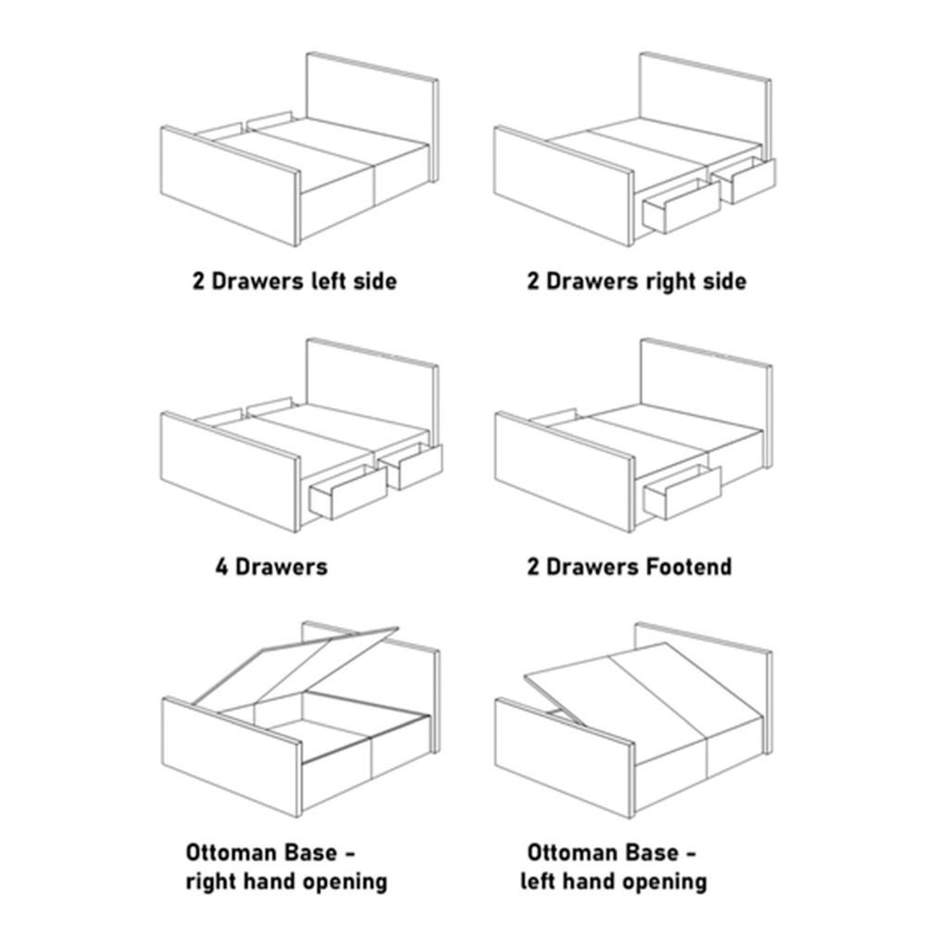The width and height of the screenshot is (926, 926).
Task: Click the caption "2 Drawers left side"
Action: (294, 282)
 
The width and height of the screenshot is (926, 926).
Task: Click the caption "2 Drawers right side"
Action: (637, 282)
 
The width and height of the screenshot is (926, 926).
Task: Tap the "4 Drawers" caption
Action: (271, 567)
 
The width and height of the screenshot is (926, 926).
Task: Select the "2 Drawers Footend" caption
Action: (630, 567)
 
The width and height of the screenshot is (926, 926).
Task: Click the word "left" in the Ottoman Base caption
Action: (537, 882)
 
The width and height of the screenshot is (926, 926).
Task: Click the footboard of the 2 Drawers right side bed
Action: (564, 186)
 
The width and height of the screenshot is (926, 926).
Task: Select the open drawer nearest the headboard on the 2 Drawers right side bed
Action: (745, 181)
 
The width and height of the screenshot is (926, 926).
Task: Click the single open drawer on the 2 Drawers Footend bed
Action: (682, 493)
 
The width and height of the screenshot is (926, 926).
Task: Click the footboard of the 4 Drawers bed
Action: (231, 472)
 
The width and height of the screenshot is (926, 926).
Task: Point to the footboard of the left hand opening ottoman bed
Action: (564, 758)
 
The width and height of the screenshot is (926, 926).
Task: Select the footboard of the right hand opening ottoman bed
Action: (231, 758)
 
